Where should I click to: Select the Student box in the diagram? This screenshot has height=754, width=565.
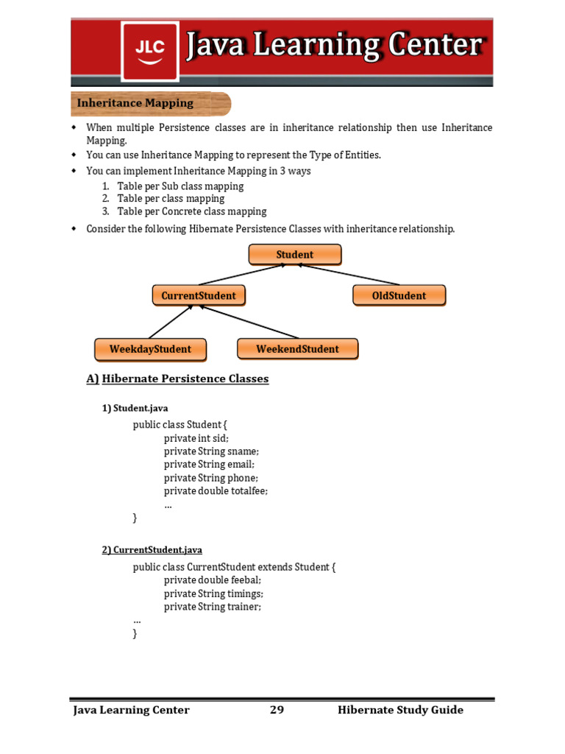pos(294,255)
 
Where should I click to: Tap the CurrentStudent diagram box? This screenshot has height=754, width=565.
pos(199,296)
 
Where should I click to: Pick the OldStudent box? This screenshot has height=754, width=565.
pos(399,296)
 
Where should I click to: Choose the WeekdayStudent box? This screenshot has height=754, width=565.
pos(150,349)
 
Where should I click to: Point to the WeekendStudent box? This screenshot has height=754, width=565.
pos(297,349)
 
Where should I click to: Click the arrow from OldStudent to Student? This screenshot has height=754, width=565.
pos(349,274)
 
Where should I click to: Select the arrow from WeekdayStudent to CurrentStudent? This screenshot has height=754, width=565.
pos(171,321)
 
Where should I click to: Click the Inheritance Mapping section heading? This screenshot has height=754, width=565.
pos(135,103)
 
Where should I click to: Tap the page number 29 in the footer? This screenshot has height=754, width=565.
pos(277,710)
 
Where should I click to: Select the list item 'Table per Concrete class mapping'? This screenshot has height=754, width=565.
pos(191,212)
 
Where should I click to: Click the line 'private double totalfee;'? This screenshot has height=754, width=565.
pos(216,491)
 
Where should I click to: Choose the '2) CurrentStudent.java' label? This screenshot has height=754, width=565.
pos(152,550)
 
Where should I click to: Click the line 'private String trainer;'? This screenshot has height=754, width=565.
pos(213,607)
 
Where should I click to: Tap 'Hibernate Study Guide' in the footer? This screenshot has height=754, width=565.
pos(400,710)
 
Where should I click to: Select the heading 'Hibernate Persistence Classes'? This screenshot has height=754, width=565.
pos(185,379)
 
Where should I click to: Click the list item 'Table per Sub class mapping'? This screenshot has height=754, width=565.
pos(180,186)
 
